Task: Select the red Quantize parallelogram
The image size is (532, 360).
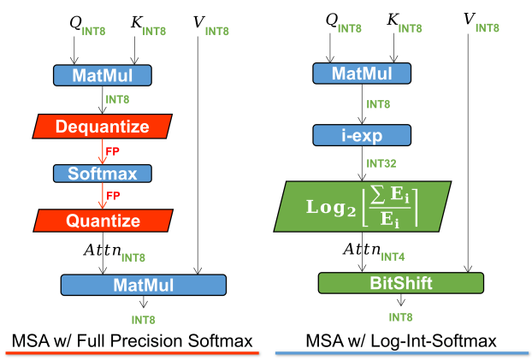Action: tap(102, 221)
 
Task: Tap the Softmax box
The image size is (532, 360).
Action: tap(102, 174)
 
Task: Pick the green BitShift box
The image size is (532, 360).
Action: tap(400, 283)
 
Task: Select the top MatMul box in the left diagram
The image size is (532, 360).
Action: tap(102, 75)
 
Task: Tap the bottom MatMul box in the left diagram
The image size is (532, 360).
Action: tap(144, 285)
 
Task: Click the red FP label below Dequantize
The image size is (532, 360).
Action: tap(111, 150)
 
